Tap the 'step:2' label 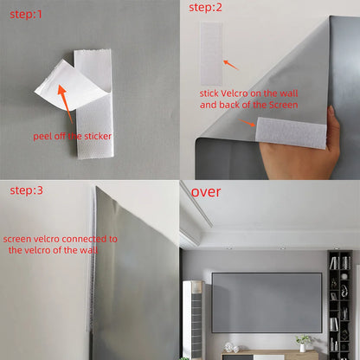tap(206, 8)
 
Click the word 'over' tap(206, 190)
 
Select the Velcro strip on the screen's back tap(291, 132)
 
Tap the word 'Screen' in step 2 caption tap(282, 105)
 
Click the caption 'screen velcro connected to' tap(61, 238)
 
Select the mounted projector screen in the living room tap(267, 302)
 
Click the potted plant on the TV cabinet tap(303, 342)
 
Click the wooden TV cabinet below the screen tap(268, 354)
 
